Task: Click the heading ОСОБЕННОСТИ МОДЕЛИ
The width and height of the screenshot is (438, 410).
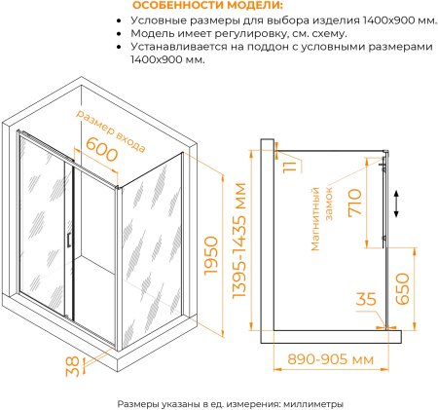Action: pos(201,6)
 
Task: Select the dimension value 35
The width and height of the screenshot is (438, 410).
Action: pos(366,300)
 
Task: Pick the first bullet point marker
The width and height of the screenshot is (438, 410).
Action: pos(119,19)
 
